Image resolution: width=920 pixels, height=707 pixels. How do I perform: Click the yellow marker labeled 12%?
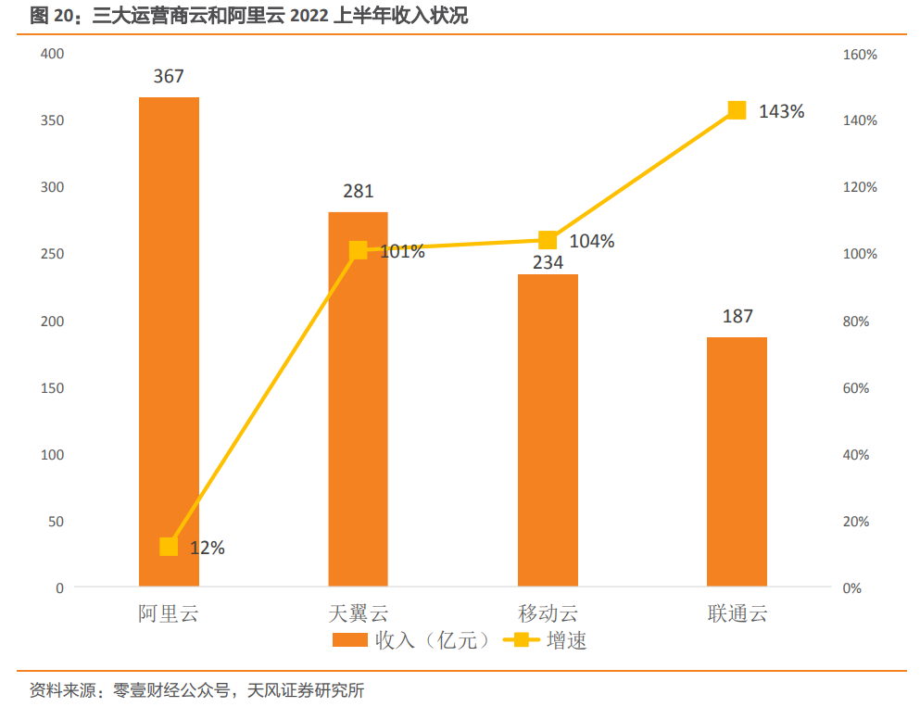point(169,547)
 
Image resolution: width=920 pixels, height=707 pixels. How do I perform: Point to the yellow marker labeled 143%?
point(737,110)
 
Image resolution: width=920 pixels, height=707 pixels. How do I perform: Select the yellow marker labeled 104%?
point(548,241)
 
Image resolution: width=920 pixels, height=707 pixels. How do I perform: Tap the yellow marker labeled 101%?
point(358,250)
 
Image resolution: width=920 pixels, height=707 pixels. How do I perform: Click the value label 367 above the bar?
point(169,77)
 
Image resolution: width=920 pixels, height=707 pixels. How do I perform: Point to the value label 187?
point(737,317)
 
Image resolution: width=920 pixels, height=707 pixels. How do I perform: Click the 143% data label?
point(781,111)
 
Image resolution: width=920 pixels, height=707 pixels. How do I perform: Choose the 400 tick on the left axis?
point(52,54)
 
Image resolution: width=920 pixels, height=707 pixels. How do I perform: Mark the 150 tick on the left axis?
point(52,387)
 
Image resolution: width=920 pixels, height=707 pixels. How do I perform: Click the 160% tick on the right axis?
point(860,55)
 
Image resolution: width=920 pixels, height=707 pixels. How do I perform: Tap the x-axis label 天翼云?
point(358,613)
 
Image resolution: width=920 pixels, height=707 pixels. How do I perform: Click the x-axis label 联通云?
point(737,613)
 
